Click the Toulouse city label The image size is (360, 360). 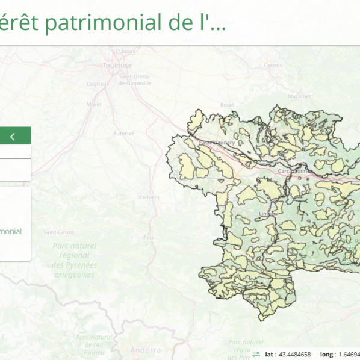117,64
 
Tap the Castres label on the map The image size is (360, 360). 273,65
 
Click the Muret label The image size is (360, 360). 94,104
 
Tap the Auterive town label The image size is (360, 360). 123,133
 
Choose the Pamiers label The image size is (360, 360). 149,197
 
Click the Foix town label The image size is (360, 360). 147,238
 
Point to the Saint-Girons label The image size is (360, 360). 58,232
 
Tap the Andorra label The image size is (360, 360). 146,350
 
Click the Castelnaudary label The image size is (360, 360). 219,142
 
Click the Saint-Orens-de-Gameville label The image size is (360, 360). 135,79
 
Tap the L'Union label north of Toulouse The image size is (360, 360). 125,51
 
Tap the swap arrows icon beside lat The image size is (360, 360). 256,354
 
